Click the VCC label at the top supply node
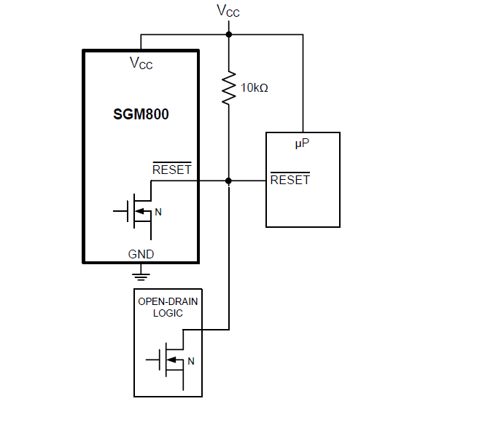[228, 11]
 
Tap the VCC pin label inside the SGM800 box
[141, 64]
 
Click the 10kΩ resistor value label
[255, 87]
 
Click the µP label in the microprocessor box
[303, 144]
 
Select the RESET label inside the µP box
[290, 180]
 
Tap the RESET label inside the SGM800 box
[171, 170]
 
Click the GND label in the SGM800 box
[141, 254]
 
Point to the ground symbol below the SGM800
[141, 274]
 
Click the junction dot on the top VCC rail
[229, 34]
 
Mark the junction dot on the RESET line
[229, 181]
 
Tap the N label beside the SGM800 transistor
[158, 213]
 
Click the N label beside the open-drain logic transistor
[191, 360]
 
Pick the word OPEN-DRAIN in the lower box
[168, 301]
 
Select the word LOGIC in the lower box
[168, 313]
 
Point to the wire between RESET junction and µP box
[248, 181]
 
